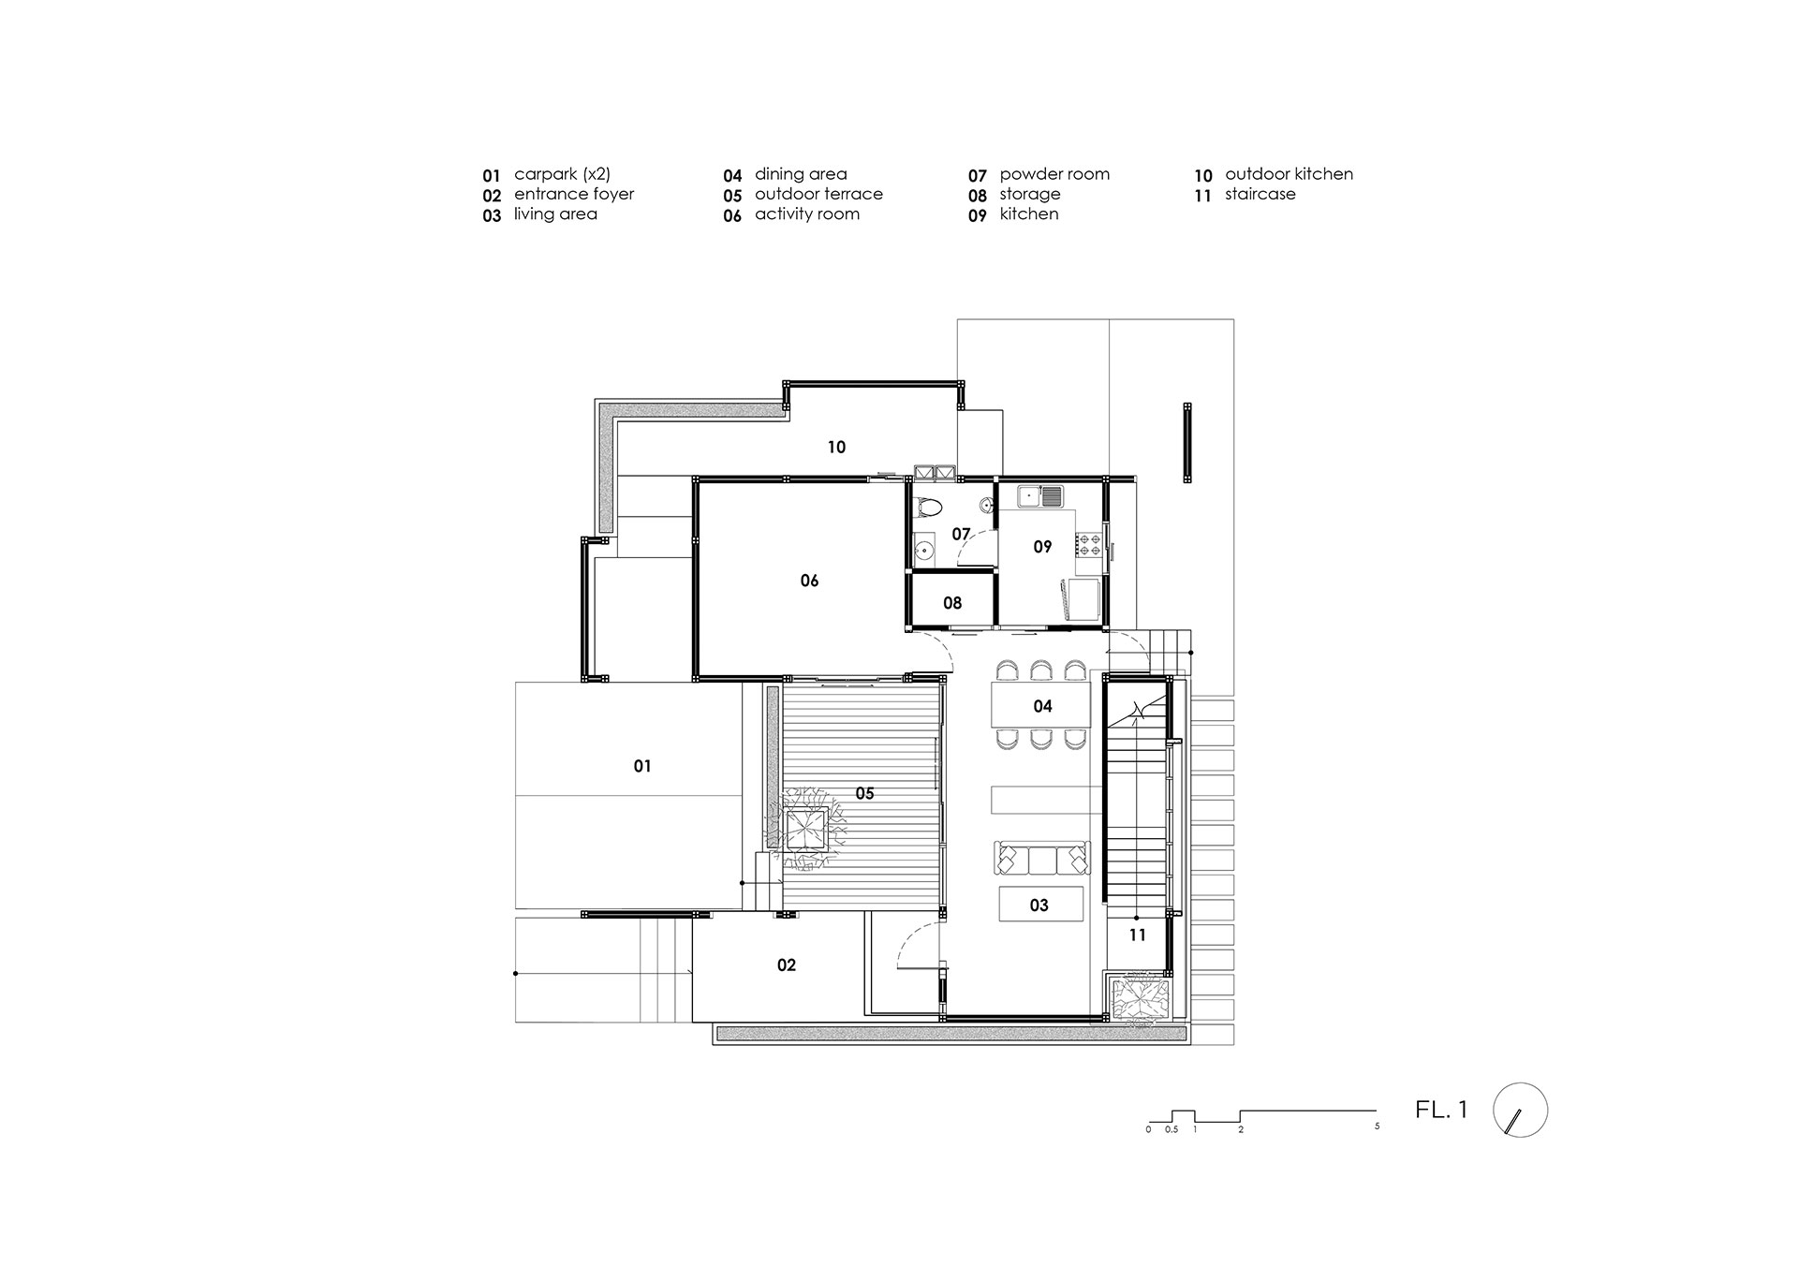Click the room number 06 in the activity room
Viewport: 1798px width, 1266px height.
(809, 581)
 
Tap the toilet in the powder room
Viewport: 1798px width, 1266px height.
(928, 507)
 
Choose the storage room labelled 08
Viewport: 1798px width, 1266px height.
(952, 603)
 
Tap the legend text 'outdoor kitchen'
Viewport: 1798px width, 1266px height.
(1289, 174)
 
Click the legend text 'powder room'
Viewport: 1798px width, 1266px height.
(1054, 174)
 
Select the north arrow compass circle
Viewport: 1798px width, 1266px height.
(1521, 1111)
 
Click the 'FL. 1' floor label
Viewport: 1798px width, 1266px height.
(1442, 1111)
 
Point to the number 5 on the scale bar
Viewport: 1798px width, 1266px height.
(1378, 1126)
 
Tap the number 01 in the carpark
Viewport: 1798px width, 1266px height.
(642, 766)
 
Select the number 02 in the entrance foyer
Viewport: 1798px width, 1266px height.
(787, 965)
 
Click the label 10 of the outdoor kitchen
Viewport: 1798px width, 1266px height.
(836, 448)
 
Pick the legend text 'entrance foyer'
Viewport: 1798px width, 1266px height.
(574, 195)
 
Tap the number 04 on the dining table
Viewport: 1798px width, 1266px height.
(1042, 706)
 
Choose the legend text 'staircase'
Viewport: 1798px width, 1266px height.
(1260, 195)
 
